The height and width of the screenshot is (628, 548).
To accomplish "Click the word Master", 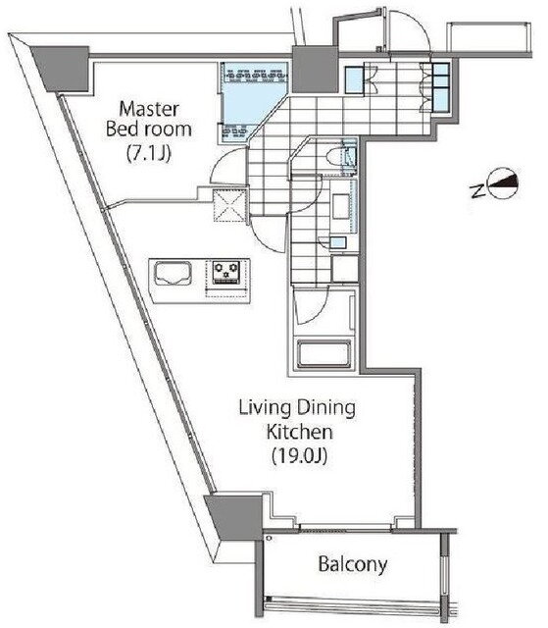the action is (x=149, y=109).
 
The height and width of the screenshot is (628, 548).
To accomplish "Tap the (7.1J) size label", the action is (x=149, y=154).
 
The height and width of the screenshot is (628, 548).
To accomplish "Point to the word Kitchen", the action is (x=300, y=432).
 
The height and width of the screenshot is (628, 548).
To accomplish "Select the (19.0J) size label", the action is (x=300, y=456).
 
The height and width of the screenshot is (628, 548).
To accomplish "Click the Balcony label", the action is (x=353, y=565).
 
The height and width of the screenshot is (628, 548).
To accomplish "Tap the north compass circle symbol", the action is (x=503, y=183).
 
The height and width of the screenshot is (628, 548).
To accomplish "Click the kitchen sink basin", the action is (x=173, y=273).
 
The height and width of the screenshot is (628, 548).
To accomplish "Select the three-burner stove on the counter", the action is (x=226, y=272).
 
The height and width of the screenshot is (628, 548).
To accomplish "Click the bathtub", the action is (x=324, y=353).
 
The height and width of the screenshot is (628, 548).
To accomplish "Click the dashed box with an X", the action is (x=228, y=205).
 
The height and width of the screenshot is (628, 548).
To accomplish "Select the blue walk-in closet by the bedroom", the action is (x=252, y=102).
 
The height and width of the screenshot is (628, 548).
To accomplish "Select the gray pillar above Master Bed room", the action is (x=60, y=68).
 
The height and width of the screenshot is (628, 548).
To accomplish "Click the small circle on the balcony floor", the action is (x=270, y=539).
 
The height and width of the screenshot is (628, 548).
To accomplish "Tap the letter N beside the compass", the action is (x=476, y=191).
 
